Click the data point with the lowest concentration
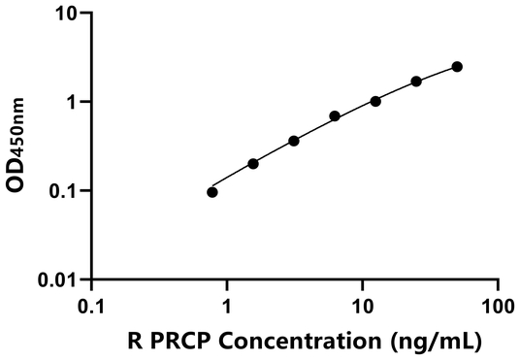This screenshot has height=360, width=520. coord(212,192)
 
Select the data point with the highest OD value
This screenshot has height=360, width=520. coord(457,66)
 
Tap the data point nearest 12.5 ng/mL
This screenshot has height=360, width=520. coord(375,101)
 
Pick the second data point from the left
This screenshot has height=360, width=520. coord(253,163)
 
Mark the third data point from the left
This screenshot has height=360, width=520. coord(294,141)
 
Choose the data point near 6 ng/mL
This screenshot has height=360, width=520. coord(335,116)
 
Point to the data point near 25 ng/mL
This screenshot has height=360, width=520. coord(416,82)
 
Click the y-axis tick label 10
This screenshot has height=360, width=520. coord(67,14)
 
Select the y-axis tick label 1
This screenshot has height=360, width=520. coord(74,102)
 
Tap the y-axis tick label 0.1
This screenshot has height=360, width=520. coord(64,191)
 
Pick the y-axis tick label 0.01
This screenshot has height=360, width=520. coord(59,280)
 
